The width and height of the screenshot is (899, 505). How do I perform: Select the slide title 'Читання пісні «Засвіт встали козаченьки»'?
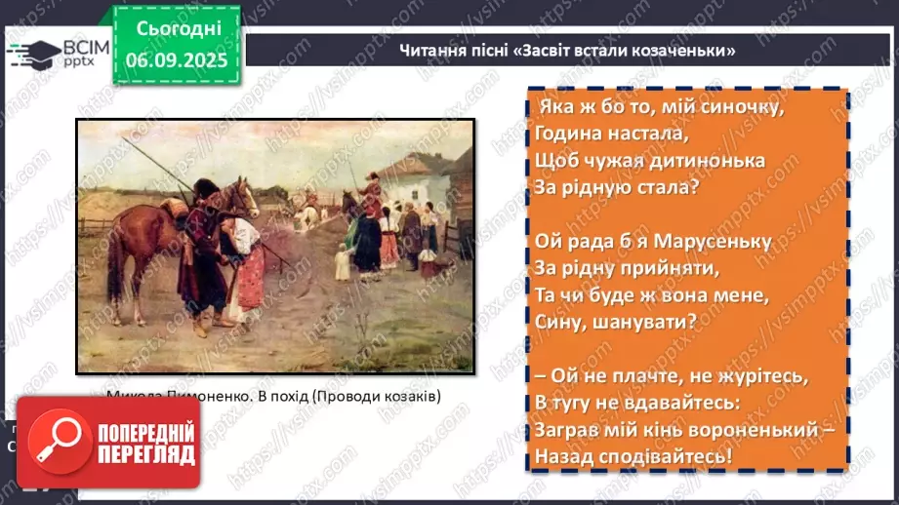pos(566,50)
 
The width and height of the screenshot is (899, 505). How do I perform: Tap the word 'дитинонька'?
pos(708,159)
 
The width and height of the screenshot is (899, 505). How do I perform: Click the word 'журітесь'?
pos(733,374)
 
